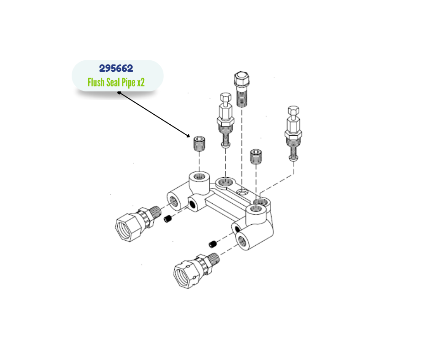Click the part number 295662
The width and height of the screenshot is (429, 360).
click(116, 68)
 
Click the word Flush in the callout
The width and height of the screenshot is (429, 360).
click(96, 82)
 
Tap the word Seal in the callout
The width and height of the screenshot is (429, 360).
click(113, 82)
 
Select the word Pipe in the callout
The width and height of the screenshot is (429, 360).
click(129, 83)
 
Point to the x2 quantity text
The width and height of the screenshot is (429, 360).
click(141, 83)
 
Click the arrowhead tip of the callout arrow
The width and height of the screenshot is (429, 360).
click(189, 137)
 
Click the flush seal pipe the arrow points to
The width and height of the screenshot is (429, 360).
click(199, 143)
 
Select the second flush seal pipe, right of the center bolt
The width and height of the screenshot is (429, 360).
click(256, 156)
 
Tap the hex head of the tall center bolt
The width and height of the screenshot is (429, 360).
click(242, 79)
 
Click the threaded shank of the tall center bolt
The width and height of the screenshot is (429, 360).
click(242, 96)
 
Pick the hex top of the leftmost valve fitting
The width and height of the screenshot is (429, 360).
click(225, 97)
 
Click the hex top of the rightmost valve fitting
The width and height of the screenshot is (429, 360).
click(293, 111)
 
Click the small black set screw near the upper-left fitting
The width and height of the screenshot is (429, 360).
click(167, 219)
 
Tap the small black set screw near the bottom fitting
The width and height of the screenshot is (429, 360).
click(213, 244)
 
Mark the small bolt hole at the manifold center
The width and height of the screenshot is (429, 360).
click(241, 193)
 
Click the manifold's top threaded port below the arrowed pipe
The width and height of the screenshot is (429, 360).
click(199, 176)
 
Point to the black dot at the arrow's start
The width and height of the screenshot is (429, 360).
click(119, 93)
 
